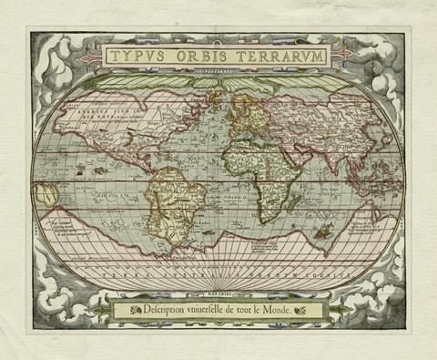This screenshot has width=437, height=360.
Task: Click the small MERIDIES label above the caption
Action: point(218,293)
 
